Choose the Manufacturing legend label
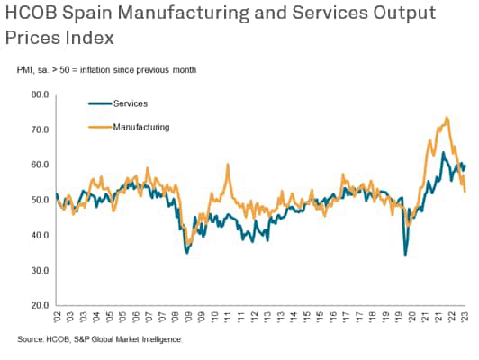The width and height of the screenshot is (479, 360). click(141, 127)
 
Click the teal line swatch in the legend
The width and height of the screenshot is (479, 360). click(99, 103)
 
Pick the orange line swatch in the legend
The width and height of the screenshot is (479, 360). click(99, 127)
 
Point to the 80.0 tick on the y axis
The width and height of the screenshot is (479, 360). click(40, 94)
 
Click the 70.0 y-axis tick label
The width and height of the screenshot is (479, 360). click(40, 130)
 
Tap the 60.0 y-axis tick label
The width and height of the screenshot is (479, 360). click(40, 165)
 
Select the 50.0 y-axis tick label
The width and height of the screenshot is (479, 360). click(40, 200)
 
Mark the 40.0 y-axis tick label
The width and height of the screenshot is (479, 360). click(40, 235)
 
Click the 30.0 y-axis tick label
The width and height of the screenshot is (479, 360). click(40, 270)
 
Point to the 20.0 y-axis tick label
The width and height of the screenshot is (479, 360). click(40, 305)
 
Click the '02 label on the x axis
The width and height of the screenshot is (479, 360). click(57, 317)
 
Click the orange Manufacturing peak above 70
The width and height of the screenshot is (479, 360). click(447, 118)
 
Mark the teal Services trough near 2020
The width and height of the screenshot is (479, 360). click(405, 255)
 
